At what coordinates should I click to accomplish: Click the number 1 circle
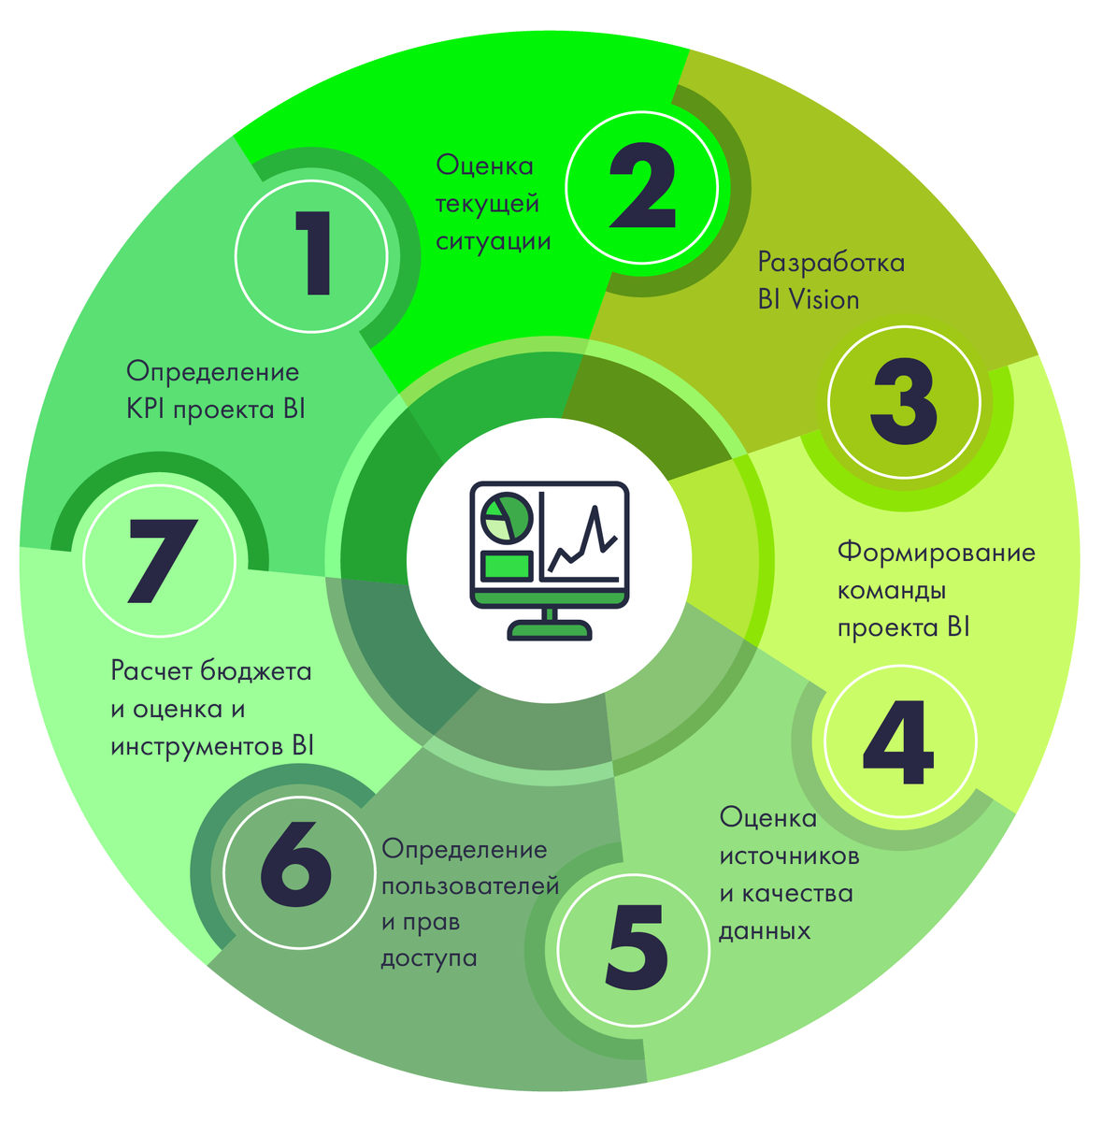click(311, 254)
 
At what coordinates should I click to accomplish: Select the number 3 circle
click(904, 403)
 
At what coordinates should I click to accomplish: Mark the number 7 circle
click(162, 559)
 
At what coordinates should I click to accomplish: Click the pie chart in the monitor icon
click(506, 516)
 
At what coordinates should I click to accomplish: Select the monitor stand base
click(550, 632)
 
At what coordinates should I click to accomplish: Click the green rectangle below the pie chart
click(506, 566)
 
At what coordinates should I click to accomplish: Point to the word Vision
click(823, 300)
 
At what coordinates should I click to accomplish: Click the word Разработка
click(831, 262)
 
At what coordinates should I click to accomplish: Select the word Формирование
click(936, 553)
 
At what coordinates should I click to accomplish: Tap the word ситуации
click(493, 240)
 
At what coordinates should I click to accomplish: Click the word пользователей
click(470, 885)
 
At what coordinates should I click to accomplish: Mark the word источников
click(789, 856)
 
